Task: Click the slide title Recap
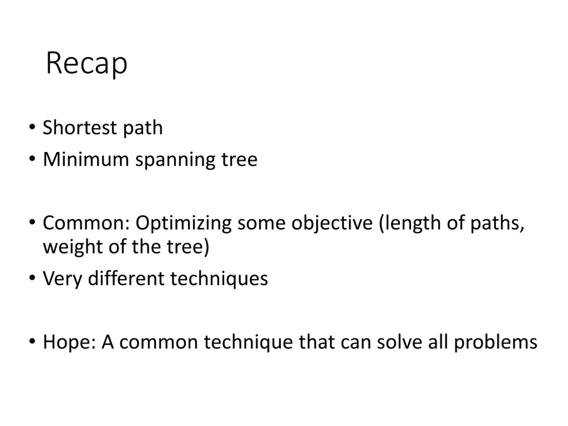[87, 63]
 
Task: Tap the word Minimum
[86, 159]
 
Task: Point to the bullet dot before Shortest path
[32, 127]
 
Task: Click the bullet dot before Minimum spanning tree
[32, 159]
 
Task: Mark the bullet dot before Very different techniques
[32, 278]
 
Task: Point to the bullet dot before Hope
[32, 341]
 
